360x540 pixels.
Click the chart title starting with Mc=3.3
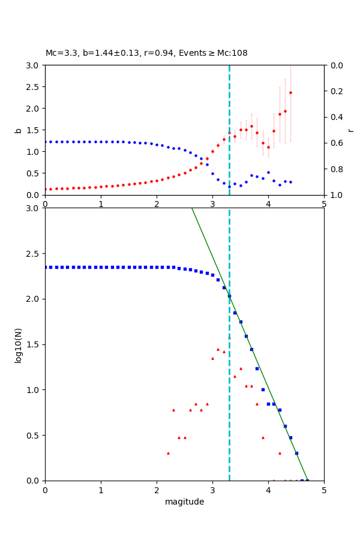pos(146,53)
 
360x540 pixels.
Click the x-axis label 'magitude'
pos(184,502)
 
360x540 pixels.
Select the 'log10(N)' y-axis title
pos(18,344)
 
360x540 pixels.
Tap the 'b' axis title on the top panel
pos(18,130)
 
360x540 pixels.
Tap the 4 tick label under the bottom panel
pos(268,490)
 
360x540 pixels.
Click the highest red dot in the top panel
pos(290,92)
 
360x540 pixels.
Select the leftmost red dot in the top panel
pos(46,189)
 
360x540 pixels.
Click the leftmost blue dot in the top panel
pos(46,142)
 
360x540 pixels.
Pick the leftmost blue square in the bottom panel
pos(46,267)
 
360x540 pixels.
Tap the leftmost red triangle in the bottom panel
pos(168,453)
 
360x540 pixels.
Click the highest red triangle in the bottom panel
pos(218,349)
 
